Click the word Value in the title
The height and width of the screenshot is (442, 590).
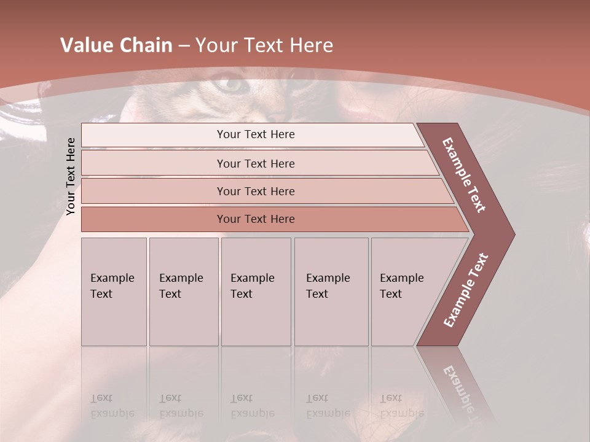click(x=85, y=45)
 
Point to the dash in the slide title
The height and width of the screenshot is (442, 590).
click(x=184, y=46)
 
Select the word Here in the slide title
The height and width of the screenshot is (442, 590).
click(x=311, y=45)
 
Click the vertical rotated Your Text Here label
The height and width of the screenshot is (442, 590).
click(x=71, y=176)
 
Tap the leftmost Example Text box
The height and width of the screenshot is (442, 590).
click(x=114, y=292)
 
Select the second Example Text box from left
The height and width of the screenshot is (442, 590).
click(x=184, y=292)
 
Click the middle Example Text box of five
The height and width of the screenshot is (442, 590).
click(x=256, y=292)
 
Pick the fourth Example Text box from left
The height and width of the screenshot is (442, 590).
click(x=331, y=292)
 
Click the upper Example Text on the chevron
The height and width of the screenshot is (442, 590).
click(x=464, y=175)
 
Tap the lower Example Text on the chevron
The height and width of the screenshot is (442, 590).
click(x=465, y=290)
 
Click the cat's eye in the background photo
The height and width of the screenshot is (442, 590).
click(x=231, y=84)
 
